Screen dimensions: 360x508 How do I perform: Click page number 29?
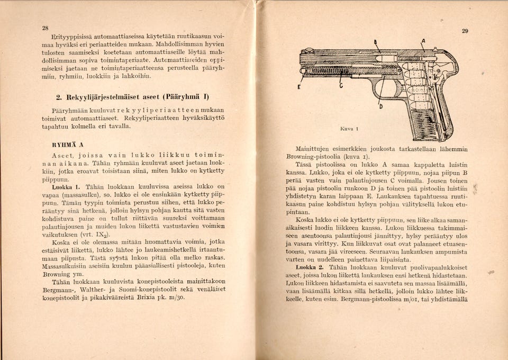[465, 31]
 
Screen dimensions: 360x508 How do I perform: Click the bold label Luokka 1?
[65, 187]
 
